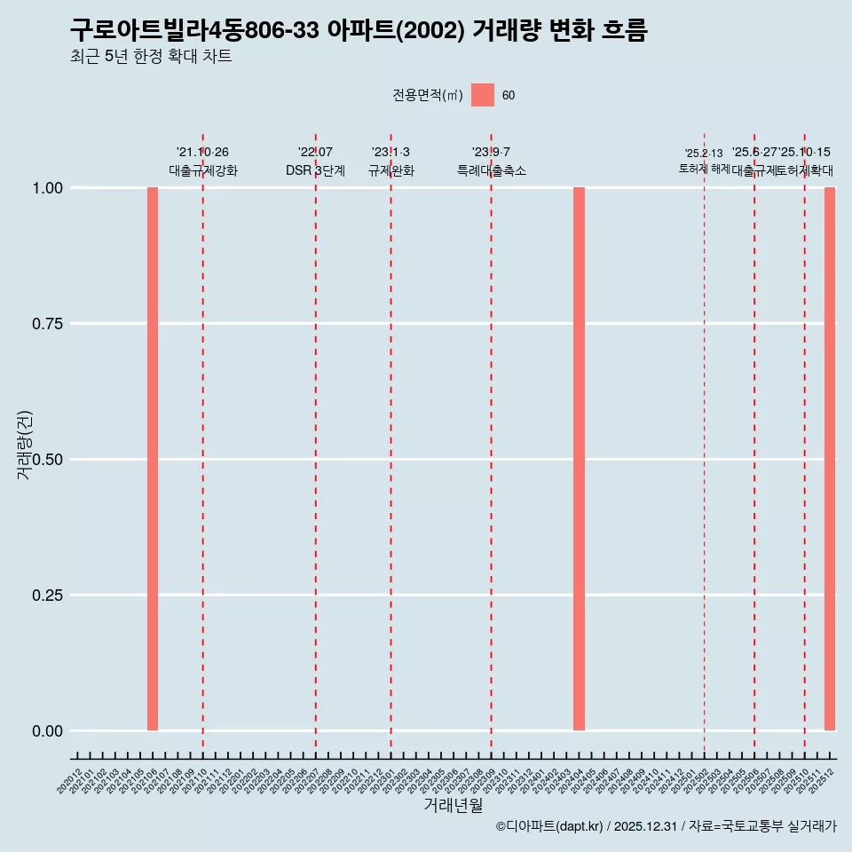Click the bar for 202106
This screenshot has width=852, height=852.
point(153,459)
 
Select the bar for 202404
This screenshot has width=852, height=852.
point(579,459)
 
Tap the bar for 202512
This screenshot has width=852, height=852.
point(830,459)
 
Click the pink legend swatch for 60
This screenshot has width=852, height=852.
point(483,95)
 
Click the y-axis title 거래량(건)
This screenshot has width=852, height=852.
point(24,445)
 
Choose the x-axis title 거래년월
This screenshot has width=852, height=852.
point(453,805)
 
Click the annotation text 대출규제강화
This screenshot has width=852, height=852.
point(203,170)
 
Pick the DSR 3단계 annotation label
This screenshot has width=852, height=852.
point(315,170)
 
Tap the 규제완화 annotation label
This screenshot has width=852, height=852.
point(391,170)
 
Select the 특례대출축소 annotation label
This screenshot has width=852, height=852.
point(492,170)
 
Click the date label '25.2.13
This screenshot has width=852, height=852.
point(704,154)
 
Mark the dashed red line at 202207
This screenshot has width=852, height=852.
point(315,444)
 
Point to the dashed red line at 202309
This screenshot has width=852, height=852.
point(491,444)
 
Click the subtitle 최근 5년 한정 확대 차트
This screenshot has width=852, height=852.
point(151,57)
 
